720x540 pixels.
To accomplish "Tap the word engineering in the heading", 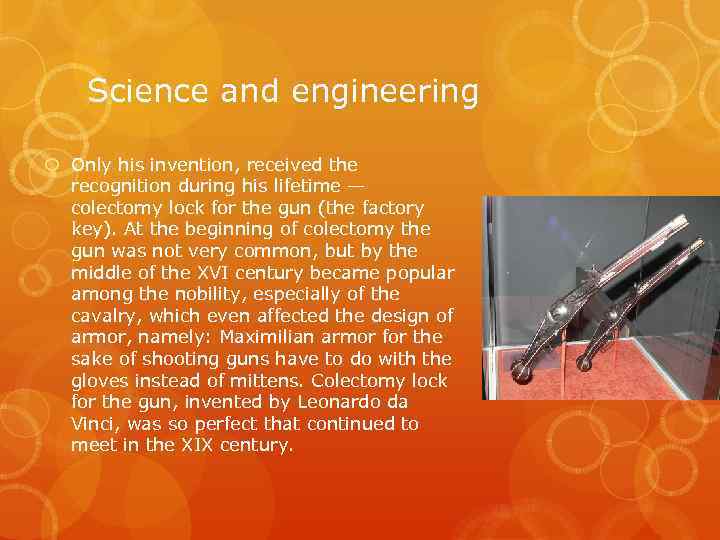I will [386, 93].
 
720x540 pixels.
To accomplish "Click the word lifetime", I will [302, 186].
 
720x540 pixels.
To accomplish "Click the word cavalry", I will [105, 316].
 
